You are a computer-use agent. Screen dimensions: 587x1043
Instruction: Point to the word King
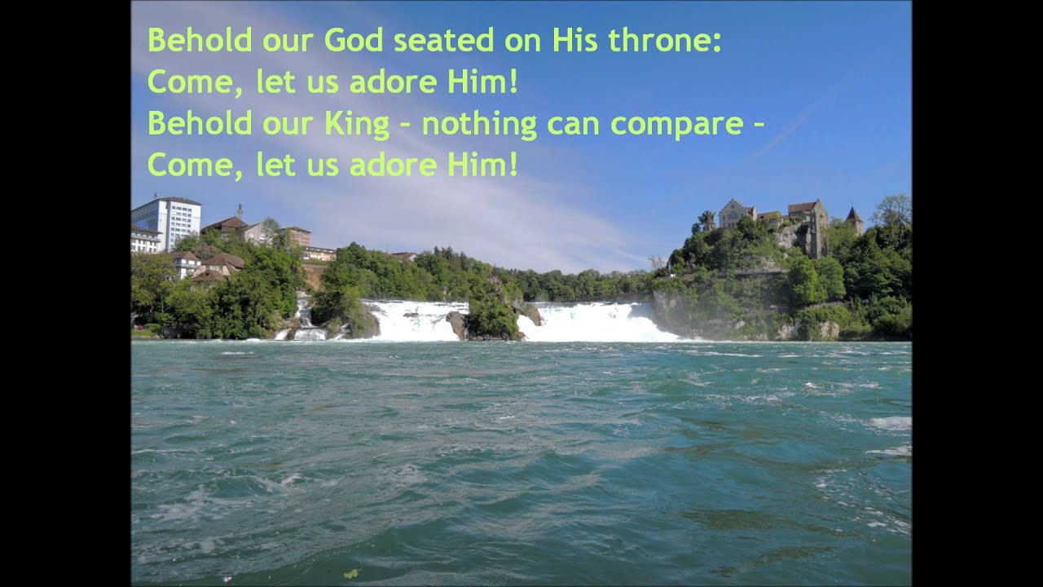click(x=357, y=124)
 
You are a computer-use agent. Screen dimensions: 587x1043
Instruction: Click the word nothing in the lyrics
click(x=479, y=124)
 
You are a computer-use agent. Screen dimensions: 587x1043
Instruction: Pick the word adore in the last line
click(x=394, y=166)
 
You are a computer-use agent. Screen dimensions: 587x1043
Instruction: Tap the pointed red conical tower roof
click(x=853, y=216)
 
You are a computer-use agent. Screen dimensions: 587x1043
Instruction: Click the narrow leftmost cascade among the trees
click(x=304, y=320)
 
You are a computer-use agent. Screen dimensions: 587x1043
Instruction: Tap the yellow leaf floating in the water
click(x=351, y=573)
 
